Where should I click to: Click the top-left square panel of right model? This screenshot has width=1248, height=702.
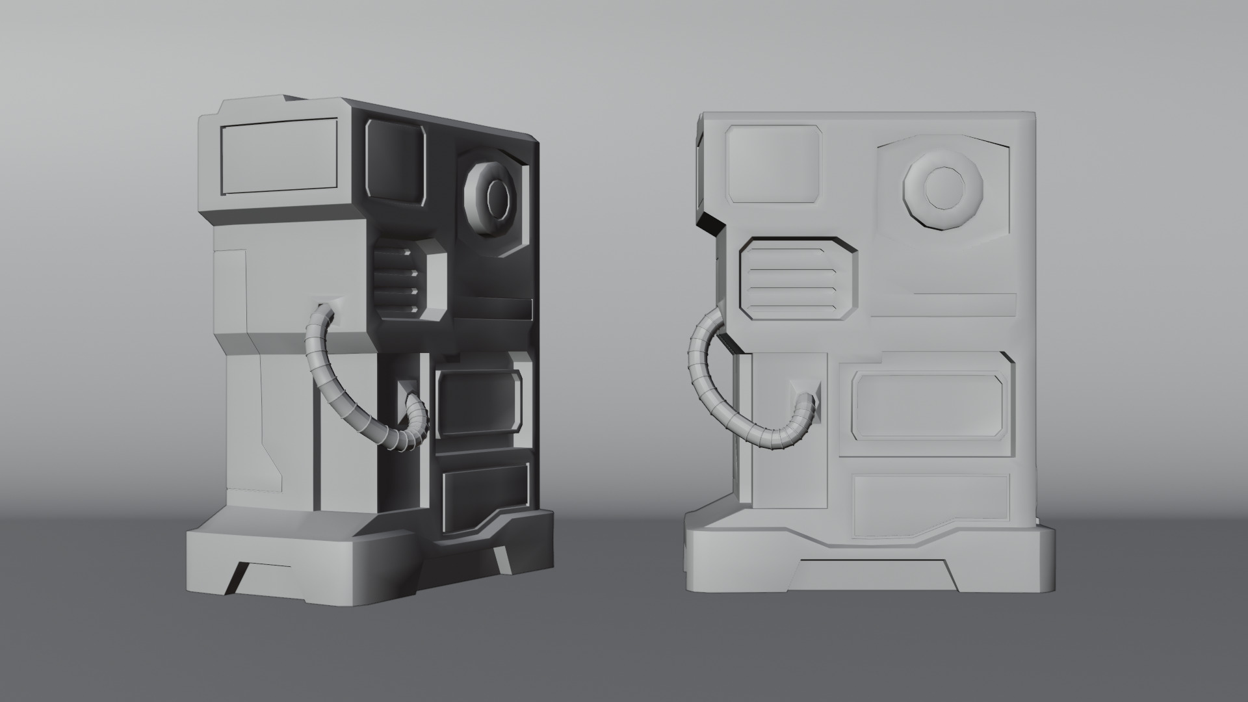[x=773, y=164]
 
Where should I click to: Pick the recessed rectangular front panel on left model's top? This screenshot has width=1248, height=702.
[x=279, y=156]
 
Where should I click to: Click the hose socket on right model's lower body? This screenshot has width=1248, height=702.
[x=805, y=393]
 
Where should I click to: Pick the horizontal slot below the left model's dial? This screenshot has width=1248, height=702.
[x=491, y=309]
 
